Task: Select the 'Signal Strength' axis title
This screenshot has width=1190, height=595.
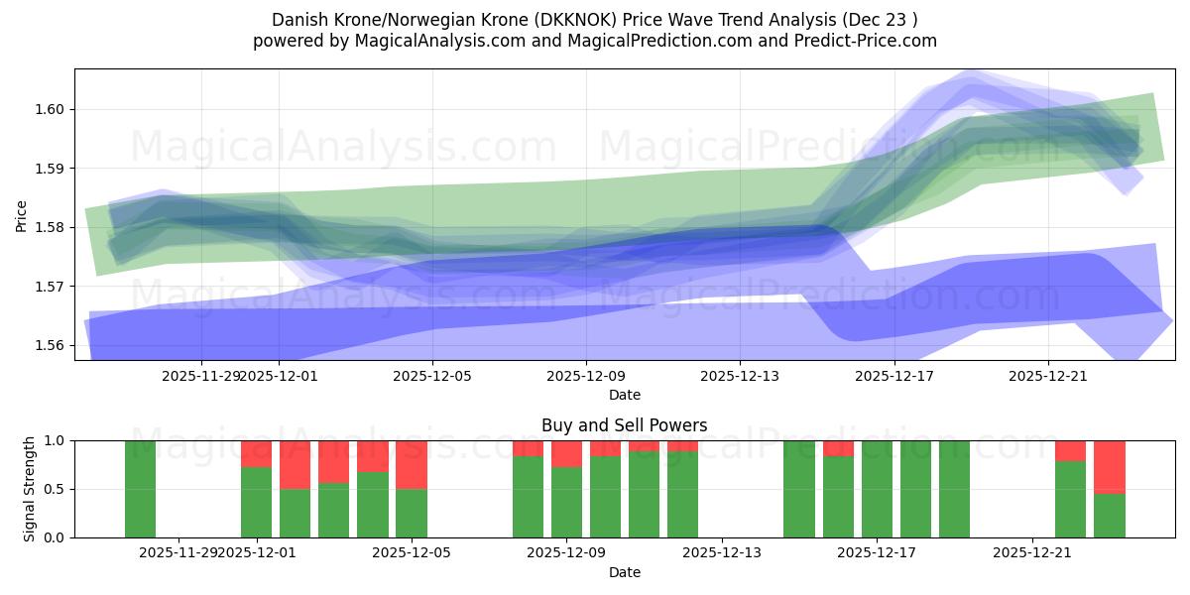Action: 30,488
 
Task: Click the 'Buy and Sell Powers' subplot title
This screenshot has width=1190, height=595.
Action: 624,425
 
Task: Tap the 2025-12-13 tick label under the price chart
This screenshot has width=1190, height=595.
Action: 740,376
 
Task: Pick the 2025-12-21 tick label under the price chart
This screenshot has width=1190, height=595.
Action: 1048,376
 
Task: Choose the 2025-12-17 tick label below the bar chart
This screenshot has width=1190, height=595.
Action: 877,553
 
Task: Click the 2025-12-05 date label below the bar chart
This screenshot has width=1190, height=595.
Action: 412,553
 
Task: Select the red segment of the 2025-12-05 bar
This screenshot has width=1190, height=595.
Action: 412,464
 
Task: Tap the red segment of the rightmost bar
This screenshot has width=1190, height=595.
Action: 1110,466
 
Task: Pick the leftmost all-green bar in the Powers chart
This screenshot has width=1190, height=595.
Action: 140,489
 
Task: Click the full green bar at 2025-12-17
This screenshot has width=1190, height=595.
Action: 877,489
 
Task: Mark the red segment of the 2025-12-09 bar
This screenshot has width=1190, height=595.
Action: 566,453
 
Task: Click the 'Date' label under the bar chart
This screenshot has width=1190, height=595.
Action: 624,572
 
